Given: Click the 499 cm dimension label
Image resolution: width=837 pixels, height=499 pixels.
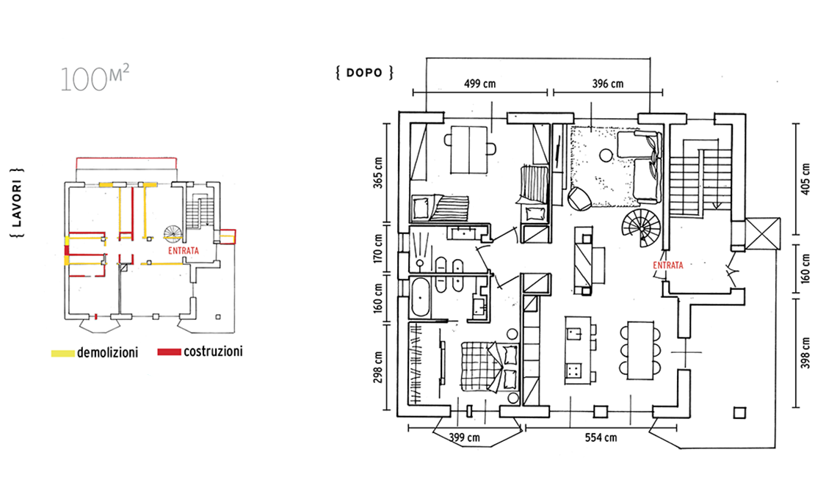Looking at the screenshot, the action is (479, 83).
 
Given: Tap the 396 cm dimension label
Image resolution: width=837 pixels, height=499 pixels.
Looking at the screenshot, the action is (607, 83).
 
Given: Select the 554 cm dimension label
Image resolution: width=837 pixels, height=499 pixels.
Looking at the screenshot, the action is (601, 437).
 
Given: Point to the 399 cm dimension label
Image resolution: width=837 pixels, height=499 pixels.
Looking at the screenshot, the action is (464, 437).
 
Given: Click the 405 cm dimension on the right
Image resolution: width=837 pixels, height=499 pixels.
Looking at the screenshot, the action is (805, 179).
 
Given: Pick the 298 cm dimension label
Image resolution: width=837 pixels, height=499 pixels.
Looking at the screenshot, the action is (378, 367).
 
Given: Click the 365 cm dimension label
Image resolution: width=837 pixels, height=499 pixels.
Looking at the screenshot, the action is (378, 173).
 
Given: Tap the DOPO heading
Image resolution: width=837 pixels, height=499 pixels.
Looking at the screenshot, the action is (365, 73).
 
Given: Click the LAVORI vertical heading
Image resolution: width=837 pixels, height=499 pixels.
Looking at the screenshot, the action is (17, 204).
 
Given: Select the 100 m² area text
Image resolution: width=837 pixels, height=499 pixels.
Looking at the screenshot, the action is (95, 79).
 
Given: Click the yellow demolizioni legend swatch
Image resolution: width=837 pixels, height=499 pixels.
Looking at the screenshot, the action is (63, 353).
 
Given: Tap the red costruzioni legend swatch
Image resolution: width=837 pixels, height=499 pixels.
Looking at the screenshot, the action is (169, 352).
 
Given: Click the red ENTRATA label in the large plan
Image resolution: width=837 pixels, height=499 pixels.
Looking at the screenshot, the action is (668, 265).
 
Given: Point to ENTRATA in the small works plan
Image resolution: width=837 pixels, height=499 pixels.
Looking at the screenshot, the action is (183, 251).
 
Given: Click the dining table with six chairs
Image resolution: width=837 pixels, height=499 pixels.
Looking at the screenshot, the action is (640, 350).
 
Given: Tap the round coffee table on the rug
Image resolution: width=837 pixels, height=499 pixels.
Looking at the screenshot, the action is (606, 156).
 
